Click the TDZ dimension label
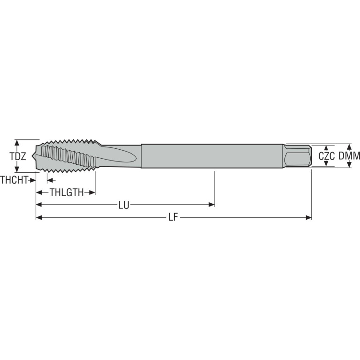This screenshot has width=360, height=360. point(18,156)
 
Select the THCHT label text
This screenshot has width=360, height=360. point(14,180)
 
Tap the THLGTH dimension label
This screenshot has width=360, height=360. point(67,192)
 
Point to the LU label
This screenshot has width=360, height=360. point(124,205)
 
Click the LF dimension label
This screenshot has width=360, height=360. point(173,217)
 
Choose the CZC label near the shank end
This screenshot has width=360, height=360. point(327,156)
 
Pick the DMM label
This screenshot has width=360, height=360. point(349,156)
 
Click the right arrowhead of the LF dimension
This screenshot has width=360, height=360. point(309,217)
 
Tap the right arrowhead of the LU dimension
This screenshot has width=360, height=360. point(212,205)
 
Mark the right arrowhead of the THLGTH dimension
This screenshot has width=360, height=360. point(92,192)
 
